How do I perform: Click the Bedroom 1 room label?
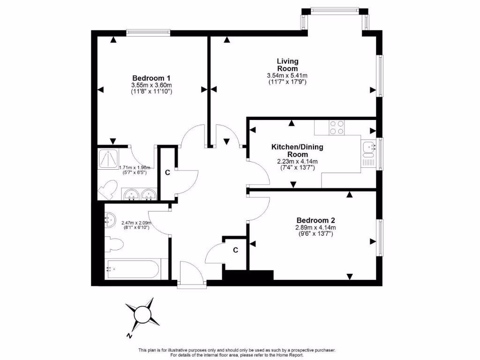click(x=151, y=78)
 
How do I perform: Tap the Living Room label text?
click(x=287, y=65)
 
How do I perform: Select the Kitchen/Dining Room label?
click(x=297, y=150)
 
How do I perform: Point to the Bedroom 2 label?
click(x=315, y=220)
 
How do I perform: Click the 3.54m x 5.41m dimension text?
click(x=287, y=76)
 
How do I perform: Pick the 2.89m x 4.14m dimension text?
click(x=315, y=228)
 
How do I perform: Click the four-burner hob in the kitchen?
click(x=337, y=127)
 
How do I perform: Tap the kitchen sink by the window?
click(x=368, y=147)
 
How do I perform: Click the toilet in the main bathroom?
click(x=114, y=244)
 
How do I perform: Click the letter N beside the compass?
click(x=128, y=336)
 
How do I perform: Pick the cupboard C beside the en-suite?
click(x=167, y=172)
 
